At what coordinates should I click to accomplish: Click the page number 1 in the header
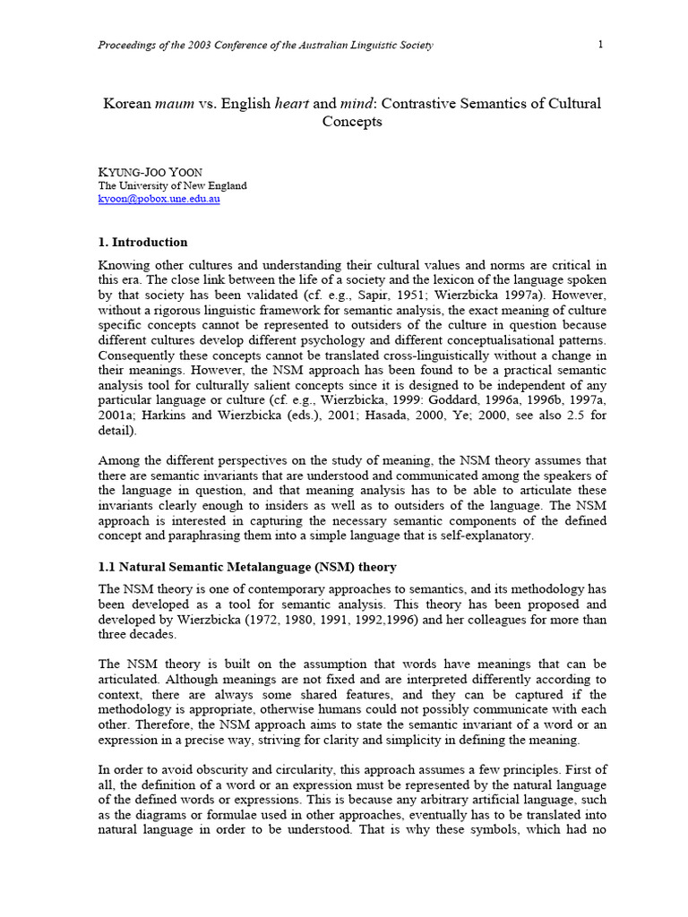[x=600, y=45]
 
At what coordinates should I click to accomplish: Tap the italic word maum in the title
[x=174, y=104]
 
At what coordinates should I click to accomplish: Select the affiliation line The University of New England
[x=172, y=185]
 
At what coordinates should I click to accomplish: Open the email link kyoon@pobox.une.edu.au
[x=159, y=199]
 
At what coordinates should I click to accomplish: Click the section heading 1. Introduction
[x=142, y=242]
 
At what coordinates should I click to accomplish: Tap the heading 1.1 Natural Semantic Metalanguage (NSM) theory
[x=246, y=567]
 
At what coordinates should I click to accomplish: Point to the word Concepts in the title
[x=350, y=122]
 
